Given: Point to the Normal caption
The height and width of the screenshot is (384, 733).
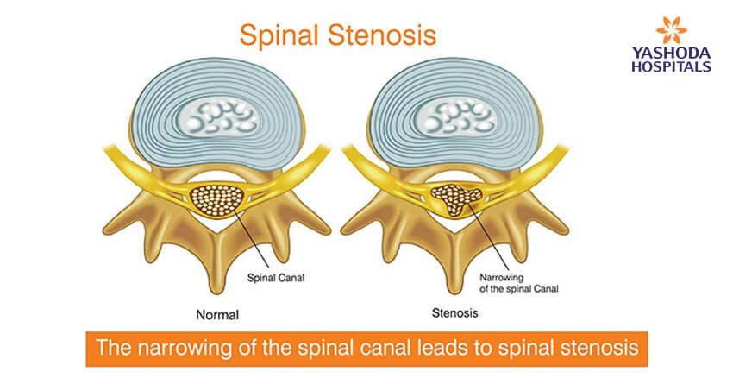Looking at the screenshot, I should click(216, 315).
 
